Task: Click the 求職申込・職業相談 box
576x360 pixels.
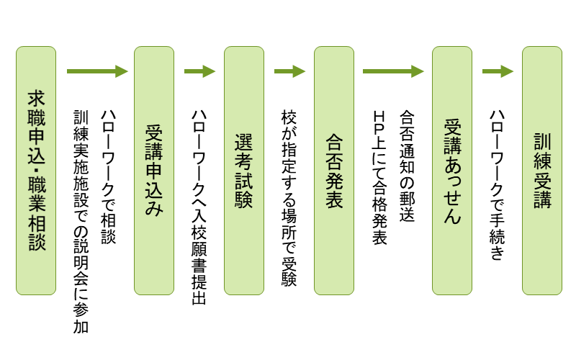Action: coord(36,171)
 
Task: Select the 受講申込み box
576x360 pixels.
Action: coord(154,171)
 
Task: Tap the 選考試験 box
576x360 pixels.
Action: coord(243,171)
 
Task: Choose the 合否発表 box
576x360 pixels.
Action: coord(333,171)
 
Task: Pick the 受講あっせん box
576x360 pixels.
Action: coord(451,171)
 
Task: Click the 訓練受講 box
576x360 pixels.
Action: coord(541,171)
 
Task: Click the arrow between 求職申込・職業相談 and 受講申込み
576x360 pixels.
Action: coord(96,71)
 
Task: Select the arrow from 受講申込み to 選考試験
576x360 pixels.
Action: coord(199,71)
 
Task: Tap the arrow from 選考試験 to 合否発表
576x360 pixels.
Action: coord(289,71)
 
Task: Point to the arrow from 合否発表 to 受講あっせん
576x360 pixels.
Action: coord(392,71)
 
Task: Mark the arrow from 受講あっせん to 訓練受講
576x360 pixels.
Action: coord(497,71)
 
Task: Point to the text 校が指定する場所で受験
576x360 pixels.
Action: coord(289,198)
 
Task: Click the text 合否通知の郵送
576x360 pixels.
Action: coord(407,166)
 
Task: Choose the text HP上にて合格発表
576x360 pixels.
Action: coord(379,177)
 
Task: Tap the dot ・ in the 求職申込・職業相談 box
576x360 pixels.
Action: coord(36,171)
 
